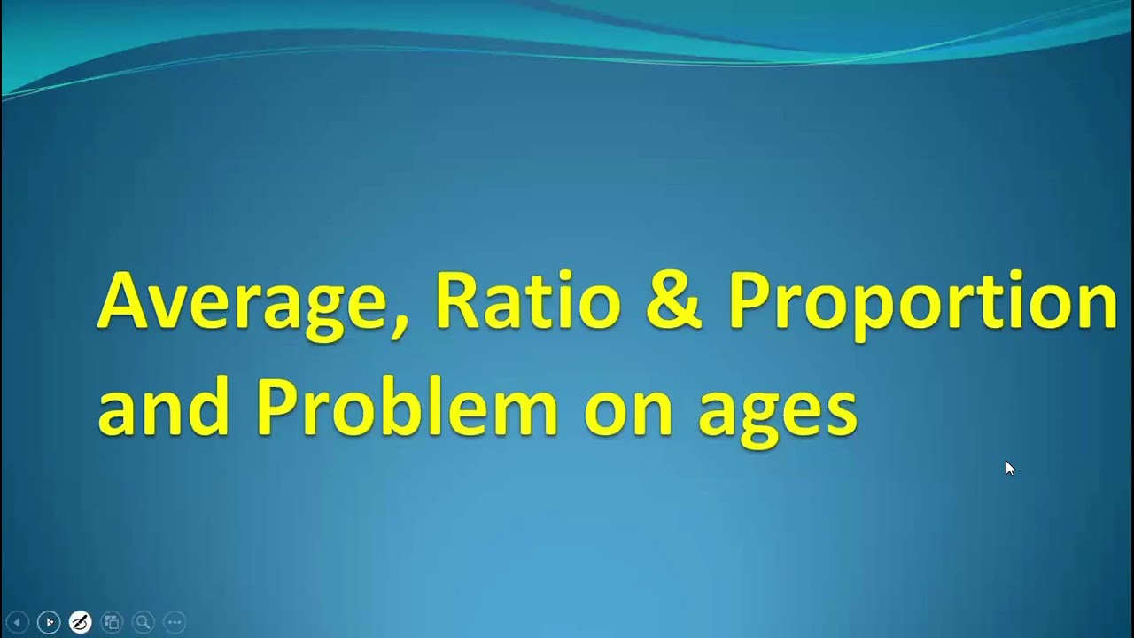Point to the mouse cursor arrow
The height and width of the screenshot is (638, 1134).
1009,467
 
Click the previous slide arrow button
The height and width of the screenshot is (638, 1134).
17,622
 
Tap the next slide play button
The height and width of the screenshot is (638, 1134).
49,622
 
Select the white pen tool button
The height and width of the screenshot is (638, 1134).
80,622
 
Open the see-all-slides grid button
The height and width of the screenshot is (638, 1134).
112,622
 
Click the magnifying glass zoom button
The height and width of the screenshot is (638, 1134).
143,622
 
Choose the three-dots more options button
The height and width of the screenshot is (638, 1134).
175,622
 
